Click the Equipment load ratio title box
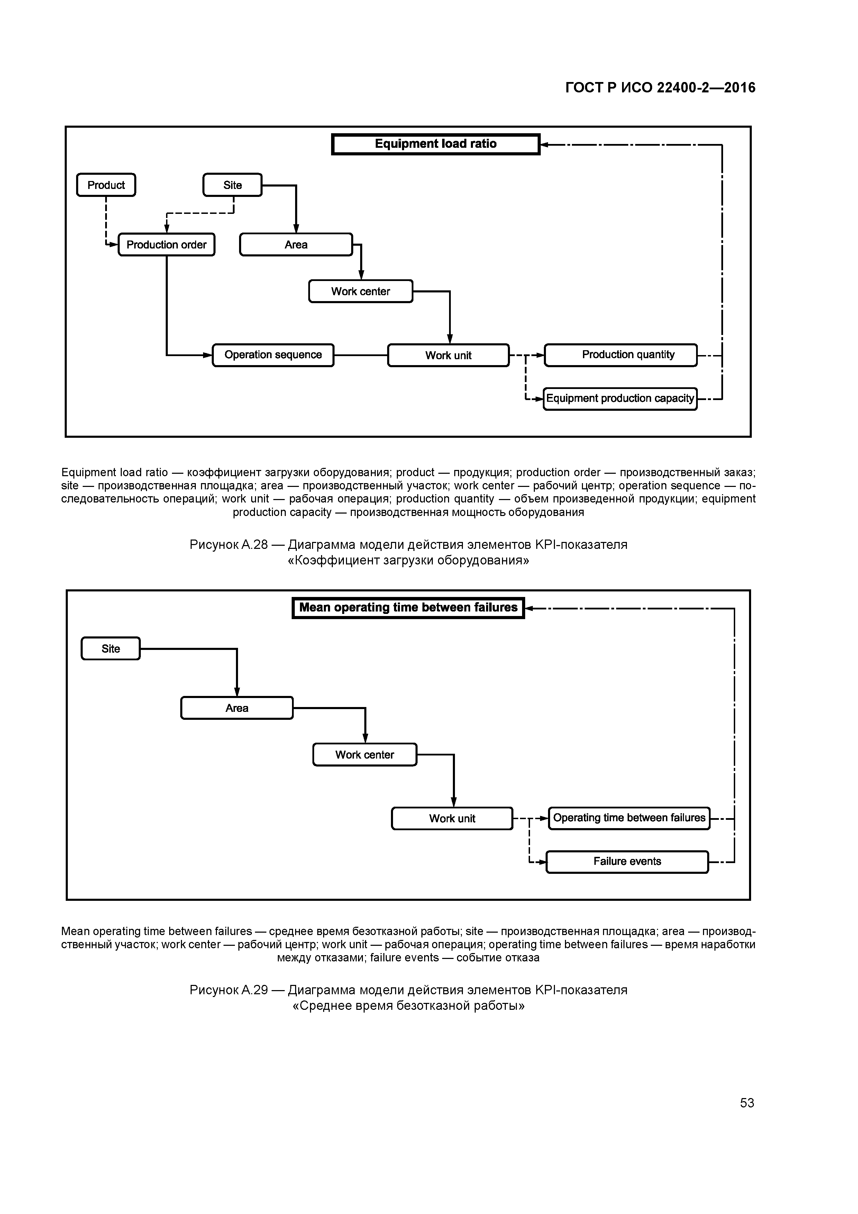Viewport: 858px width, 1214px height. click(x=435, y=144)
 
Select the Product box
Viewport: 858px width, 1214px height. click(x=106, y=185)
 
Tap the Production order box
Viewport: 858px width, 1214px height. click(x=166, y=245)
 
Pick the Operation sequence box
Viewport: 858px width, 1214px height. click(x=273, y=355)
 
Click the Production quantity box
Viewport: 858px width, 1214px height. click(x=621, y=355)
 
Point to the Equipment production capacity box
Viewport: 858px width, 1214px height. click(x=620, y=399)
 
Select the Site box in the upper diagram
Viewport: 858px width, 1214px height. click(x=232, y=185)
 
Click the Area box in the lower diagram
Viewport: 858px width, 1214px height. click(x=237, y=708)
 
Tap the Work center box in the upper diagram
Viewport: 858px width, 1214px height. click(x=360, y=291)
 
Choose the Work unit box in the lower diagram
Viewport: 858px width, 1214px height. click(x=452, y=818)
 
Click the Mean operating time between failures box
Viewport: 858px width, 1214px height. click(x=408, y=608)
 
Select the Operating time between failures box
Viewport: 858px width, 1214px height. click(x=629, y=818)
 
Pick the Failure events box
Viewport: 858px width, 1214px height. click(x=627, y=861)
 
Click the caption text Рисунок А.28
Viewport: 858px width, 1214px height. click(x=228, y=545)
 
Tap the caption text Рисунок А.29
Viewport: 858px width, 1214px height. click(x=228, y=990)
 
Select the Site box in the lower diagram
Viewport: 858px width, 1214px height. click(x=110, y=649)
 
